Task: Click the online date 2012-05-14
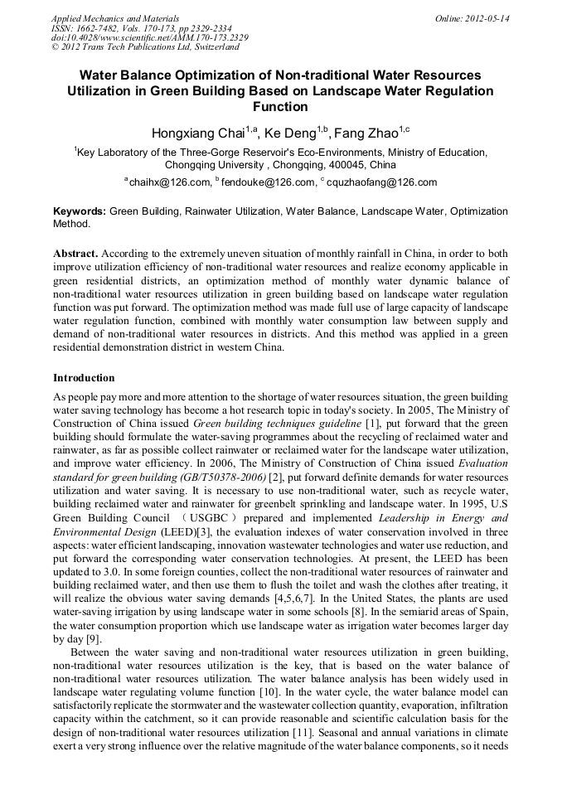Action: coord(489,18)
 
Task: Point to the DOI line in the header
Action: coord(149,38)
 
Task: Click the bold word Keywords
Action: coord(79,212)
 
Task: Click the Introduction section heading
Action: coord(84,378)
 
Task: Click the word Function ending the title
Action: coord(280,107)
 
